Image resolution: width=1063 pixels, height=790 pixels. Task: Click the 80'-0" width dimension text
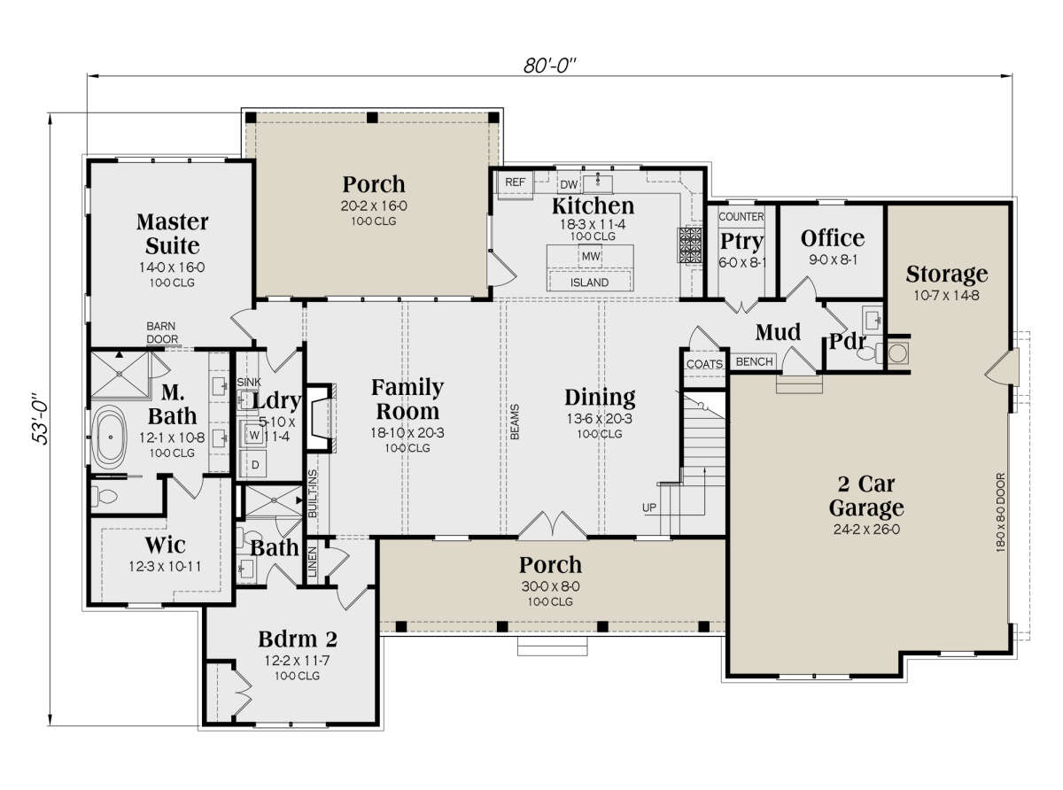(x=549, y=66)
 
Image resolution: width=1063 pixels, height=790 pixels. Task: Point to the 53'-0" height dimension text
(x=40, y=420)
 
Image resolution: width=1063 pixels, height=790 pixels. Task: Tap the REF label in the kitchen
(x=516, y=182)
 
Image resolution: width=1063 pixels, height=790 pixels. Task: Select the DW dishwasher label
(x=569, y=184)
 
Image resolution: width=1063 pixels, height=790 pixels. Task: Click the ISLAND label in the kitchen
(x=589, y=283)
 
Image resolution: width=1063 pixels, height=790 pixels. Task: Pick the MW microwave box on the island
(x=591, y=256)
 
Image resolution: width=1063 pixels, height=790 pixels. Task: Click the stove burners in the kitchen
(x=689, y=245)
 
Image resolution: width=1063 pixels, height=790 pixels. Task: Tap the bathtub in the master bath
(x=110, y=437)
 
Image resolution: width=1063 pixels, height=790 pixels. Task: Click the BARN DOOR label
(x=162, y=333)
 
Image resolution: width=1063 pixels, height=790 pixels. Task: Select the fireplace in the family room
(x=319, y=417)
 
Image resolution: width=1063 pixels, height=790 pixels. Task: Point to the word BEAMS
(x=515, y=422)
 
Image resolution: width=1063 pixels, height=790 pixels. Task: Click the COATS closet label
(x=704, y=364)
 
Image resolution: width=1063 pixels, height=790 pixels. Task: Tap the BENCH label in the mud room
(x=754, y=361)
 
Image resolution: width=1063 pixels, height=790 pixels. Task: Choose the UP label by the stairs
(x=649, y=507)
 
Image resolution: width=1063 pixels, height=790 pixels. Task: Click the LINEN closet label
(x=312, y=562)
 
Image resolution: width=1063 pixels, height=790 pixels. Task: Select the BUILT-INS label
(x=312, y=494)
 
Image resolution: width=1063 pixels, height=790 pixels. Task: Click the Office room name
(x=833, y=238)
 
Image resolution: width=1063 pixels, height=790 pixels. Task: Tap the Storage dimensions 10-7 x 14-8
(x=946, y=295)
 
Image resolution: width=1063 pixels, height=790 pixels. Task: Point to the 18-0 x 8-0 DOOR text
(x=1000, y=513)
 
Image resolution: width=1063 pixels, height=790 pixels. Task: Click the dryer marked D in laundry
(x=254, y=464)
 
